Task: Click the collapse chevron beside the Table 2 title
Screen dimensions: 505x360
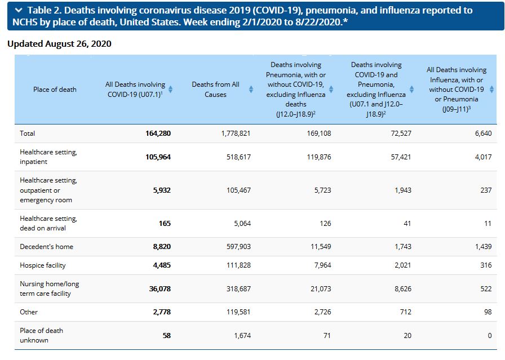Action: click(19, 10)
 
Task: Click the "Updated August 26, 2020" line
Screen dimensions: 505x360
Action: click(59, 44)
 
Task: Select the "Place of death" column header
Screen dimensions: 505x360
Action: click(55, 90)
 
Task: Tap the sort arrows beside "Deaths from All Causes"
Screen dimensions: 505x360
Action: click(251, 89)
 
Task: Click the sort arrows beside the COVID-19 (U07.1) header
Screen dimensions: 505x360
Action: click(170, 89)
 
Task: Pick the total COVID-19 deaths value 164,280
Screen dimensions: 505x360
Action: click(158, 134)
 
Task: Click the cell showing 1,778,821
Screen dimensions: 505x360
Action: click(236, 134)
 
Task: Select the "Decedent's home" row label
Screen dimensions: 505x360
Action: click(46, 247)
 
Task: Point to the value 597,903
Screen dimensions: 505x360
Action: click(238, 247)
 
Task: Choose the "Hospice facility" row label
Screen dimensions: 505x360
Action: click(42, 265)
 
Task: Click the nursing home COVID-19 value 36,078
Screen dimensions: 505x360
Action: click(160, 289)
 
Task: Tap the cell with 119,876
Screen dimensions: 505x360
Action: click(319, 157)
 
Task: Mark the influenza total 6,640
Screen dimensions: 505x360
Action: click(484, 134)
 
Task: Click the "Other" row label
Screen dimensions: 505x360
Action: click(29, 312)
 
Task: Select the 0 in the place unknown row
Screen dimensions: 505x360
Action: click(490, 336)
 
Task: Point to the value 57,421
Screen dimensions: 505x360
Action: click(401, 157)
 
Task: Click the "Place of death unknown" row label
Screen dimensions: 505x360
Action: click(41, 335)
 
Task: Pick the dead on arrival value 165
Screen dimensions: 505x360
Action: click(165, 224)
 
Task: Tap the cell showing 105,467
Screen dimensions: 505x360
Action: click(238, 190)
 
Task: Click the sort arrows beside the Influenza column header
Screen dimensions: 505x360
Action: click(491, 89)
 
